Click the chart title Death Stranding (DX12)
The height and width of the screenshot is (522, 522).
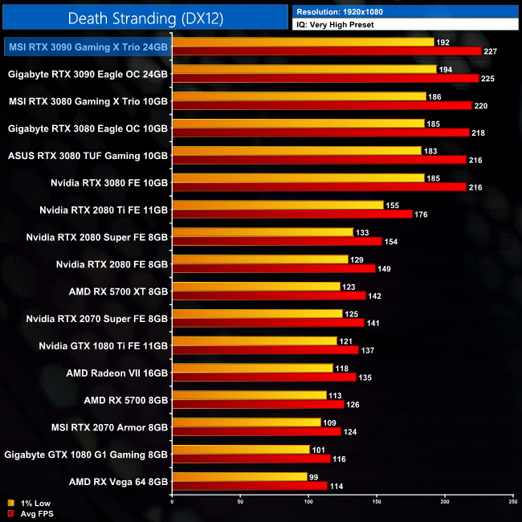click(145, 17)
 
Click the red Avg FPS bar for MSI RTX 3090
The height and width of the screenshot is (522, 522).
click(326, 51)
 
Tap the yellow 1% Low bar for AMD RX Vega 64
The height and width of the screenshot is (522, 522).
click(239, 477)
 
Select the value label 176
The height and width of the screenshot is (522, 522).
click(421, 214)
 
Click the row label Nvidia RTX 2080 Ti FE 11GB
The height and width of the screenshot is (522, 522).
click(104, 210)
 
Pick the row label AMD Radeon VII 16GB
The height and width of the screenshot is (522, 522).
click(117, 373)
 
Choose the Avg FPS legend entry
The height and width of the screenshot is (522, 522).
click(30, 513)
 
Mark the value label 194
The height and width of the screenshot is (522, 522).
click(445, 70)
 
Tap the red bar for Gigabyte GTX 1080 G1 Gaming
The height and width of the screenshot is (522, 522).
click(251, 459)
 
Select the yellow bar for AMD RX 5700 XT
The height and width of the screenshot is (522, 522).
click(256, 286)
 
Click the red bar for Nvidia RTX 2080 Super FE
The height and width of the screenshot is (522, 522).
click(276, 241)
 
